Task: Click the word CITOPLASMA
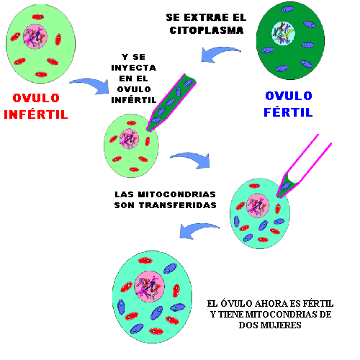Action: [x=207, y=30]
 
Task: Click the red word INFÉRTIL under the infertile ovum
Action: [x=36, y=114]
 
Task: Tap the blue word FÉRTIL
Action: [x=288, y=112]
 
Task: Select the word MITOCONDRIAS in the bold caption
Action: [x=177, y=194]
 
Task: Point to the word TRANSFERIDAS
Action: [x=178, y=205]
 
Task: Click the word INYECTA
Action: [x=134, y=68]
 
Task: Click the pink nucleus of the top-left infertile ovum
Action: [x=35, y=37]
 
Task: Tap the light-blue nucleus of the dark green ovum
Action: [x=283, y=33]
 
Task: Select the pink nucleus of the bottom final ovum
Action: [x=149, y=287]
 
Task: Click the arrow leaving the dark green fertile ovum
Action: [x=220, y=54]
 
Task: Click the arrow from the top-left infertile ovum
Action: [x=91, y=85]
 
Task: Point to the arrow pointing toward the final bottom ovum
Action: [x=199, y=230]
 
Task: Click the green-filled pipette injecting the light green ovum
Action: [x=171, y=102]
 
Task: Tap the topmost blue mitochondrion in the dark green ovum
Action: [x=287, y=9]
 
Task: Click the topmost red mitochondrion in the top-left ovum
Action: [x=38, y=17]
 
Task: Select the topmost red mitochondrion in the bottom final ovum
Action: [x=145, y=261]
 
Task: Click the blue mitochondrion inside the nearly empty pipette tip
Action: [x=286, y=186]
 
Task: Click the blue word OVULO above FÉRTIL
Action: [x=289, y=96]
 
